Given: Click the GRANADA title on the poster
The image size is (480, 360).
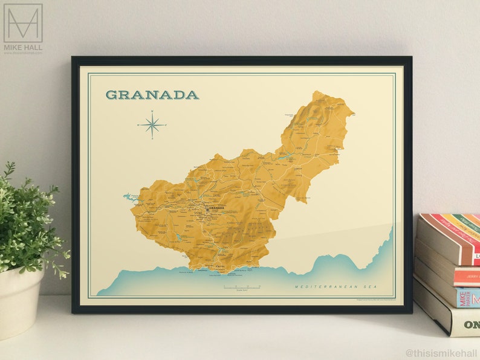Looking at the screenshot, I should (152, 95).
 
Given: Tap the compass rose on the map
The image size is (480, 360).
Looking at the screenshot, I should (152, 125).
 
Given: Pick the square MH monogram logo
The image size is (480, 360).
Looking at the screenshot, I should (23, 23).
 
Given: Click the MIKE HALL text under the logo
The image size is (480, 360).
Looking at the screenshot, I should (23, 47).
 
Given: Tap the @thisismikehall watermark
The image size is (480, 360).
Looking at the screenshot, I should (441, 353).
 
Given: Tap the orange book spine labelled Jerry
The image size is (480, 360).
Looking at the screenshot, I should (469, 276).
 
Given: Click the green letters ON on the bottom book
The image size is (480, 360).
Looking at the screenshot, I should (471, 324).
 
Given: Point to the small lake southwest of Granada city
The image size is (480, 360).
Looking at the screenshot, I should (178, 237).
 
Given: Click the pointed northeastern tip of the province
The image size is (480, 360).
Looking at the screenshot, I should (350, 112).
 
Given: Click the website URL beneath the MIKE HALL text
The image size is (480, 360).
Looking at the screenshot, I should (23, 53).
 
